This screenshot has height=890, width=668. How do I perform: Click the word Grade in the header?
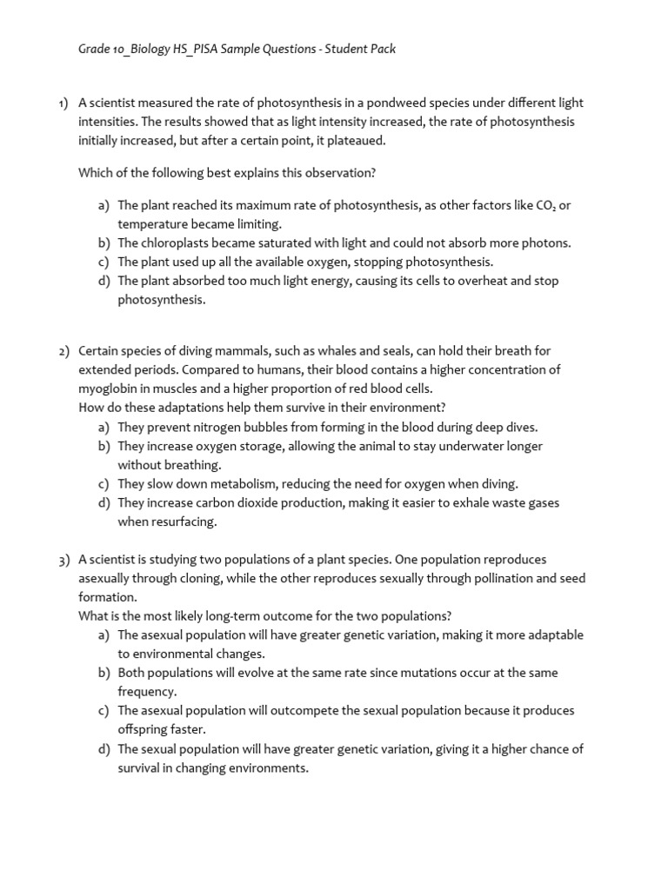point(94,49)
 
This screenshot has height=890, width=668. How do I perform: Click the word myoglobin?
point(108,389)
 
